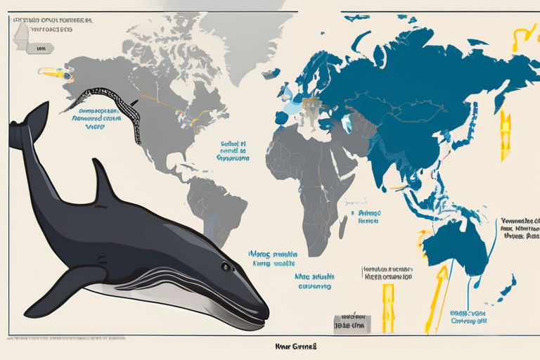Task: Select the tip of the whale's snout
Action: point(266,314)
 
